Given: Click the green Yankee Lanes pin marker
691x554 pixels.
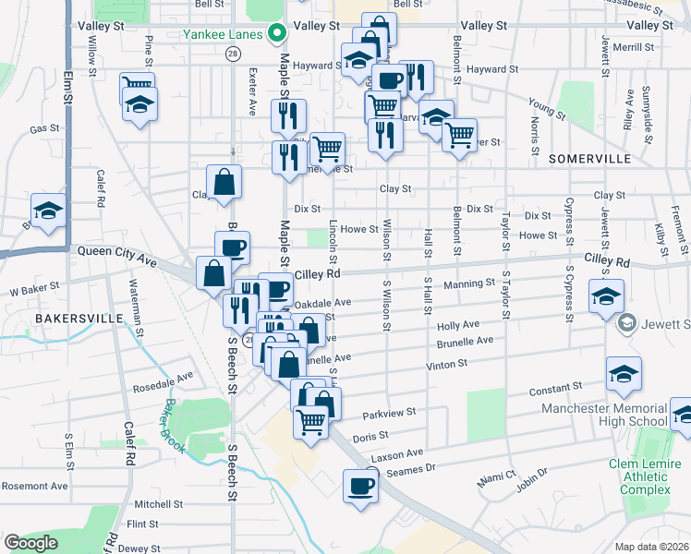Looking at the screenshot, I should point(275,35).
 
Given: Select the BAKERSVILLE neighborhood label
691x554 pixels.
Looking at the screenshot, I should point(79,318).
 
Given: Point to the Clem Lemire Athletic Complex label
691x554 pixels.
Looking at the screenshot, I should point(639,476).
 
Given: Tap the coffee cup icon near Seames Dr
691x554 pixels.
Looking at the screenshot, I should point(360,485).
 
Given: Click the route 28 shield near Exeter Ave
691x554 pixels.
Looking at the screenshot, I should point(233,54).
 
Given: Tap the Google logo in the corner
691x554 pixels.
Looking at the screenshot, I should point(31,543).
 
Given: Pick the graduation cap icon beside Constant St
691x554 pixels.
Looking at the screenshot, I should point(624,374).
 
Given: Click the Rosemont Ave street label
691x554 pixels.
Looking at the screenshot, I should point(34,486).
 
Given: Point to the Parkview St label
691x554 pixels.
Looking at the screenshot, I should point(390,414).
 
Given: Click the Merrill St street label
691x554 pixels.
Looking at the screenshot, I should point(633,47).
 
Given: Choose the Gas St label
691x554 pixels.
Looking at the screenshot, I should point(44,129).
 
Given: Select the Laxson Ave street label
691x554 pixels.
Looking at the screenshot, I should point(396,454).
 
